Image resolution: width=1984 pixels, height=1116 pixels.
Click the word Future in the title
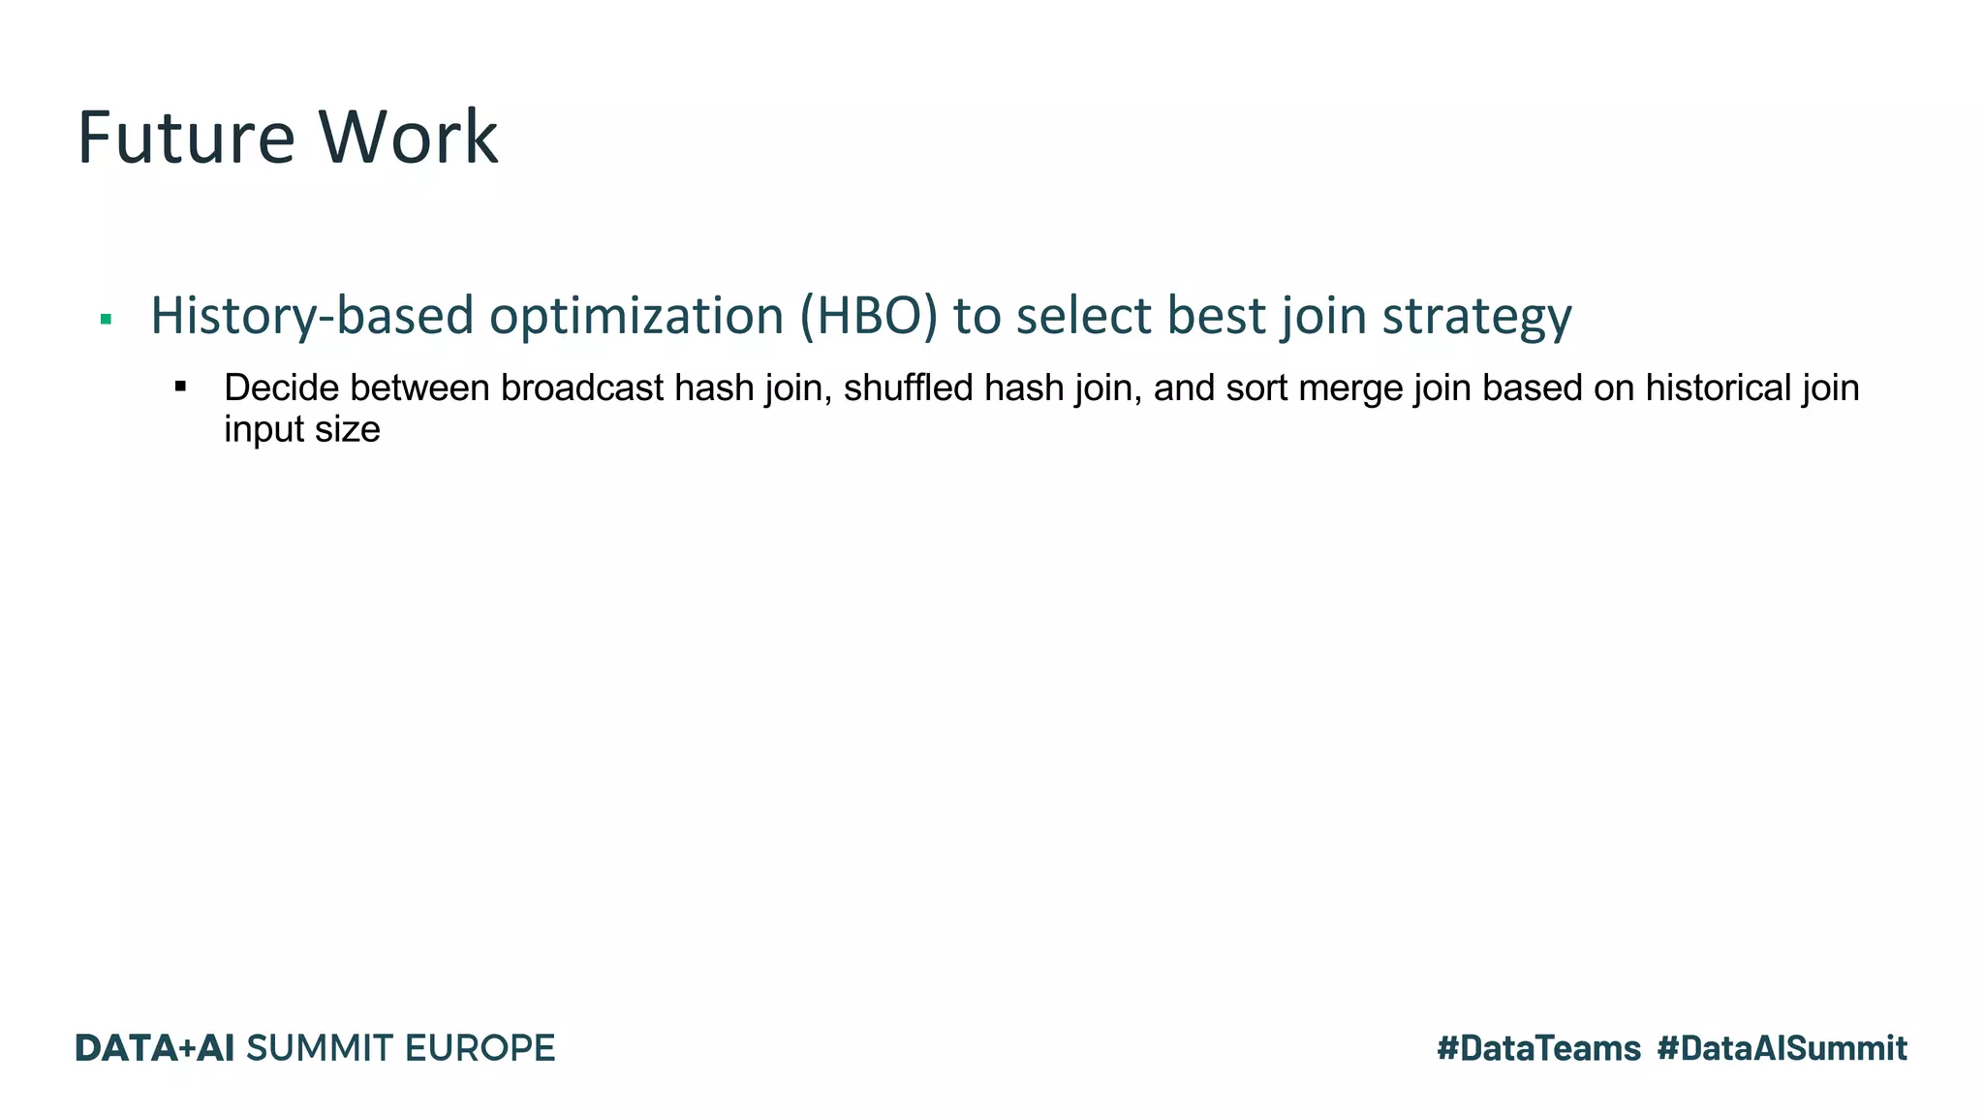click(185, 138)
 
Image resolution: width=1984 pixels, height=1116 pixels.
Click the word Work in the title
click(408, 138)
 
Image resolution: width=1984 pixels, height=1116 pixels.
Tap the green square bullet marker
click(106, 319)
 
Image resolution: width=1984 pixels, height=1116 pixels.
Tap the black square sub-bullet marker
click(180, 387)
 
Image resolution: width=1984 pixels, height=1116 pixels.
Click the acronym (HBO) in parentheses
click(868, 317)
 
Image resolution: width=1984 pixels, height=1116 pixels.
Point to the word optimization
click(635, 317)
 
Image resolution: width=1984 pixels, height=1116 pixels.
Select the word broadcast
click(581, 388)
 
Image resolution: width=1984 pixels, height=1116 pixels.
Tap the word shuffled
click(908, 388)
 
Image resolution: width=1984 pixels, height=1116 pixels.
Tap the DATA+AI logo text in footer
click(155, 1048)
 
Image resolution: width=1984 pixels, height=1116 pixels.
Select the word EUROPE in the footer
click(479, 1048)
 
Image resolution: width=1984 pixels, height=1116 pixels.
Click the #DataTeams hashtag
click(1538, 1048)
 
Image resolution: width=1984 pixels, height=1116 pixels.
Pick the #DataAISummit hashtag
click(1782, 1048)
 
